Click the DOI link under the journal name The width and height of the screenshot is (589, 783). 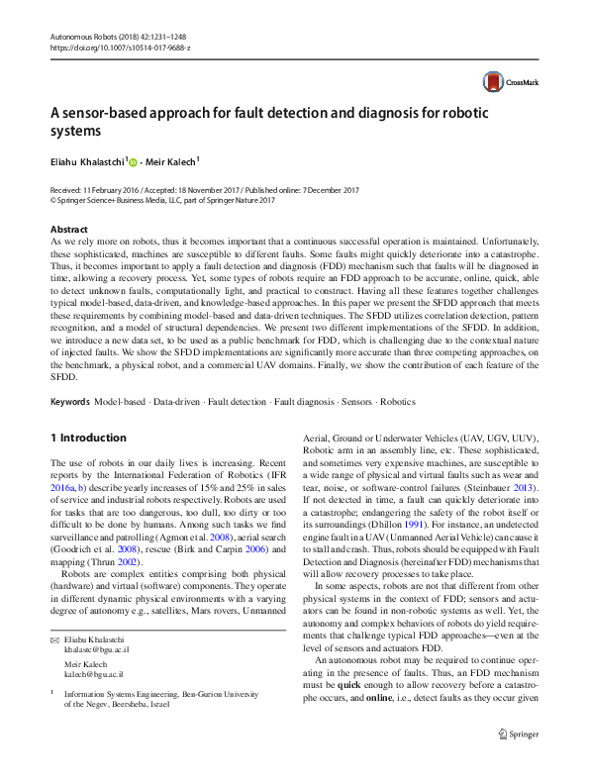click(x=120, y=48)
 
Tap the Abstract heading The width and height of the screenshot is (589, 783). click(x=68, y=229)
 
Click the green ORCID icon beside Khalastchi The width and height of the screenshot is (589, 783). click(x=133, y=160)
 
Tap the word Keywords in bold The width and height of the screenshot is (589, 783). click(x=70, y=402)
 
